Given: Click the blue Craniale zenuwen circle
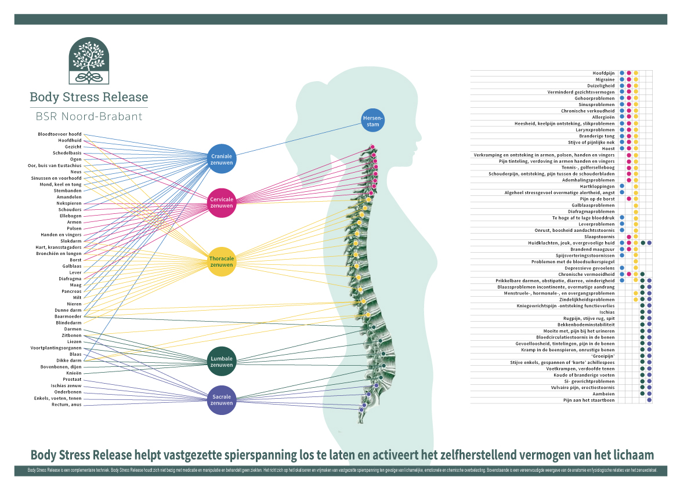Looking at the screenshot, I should click(x=222, y=158).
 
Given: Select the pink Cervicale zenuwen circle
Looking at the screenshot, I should click(x=222, y=202).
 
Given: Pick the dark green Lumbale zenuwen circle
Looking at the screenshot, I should click(x=222, y=362).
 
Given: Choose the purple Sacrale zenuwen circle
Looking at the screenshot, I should click(x=222, y=399).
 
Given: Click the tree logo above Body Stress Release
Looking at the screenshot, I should click(x=89, y=61).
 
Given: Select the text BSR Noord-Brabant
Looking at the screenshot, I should click(x=89, y=116).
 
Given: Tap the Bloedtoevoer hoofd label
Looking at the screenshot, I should click(x=60, y=134).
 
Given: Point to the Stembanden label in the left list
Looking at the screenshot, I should click(x=68, y=191).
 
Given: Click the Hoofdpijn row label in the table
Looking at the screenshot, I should click(x=603, y=73).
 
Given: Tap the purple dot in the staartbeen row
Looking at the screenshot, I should click(x=649, y=400).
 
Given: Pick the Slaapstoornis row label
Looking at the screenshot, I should click(x=599, y=236).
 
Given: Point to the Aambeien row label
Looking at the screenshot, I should click(x=604, y=394).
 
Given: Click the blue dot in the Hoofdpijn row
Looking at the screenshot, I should click(x=622, y=73).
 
